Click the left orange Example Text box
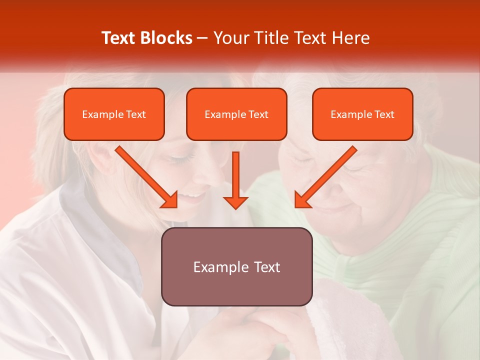point(114,114)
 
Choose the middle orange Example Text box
point(236,114)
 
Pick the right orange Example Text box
point(362,114)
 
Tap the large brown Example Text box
point(236,266)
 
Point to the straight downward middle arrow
point(235,180)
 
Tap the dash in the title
point(203,38)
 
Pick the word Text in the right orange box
point(384,114)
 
